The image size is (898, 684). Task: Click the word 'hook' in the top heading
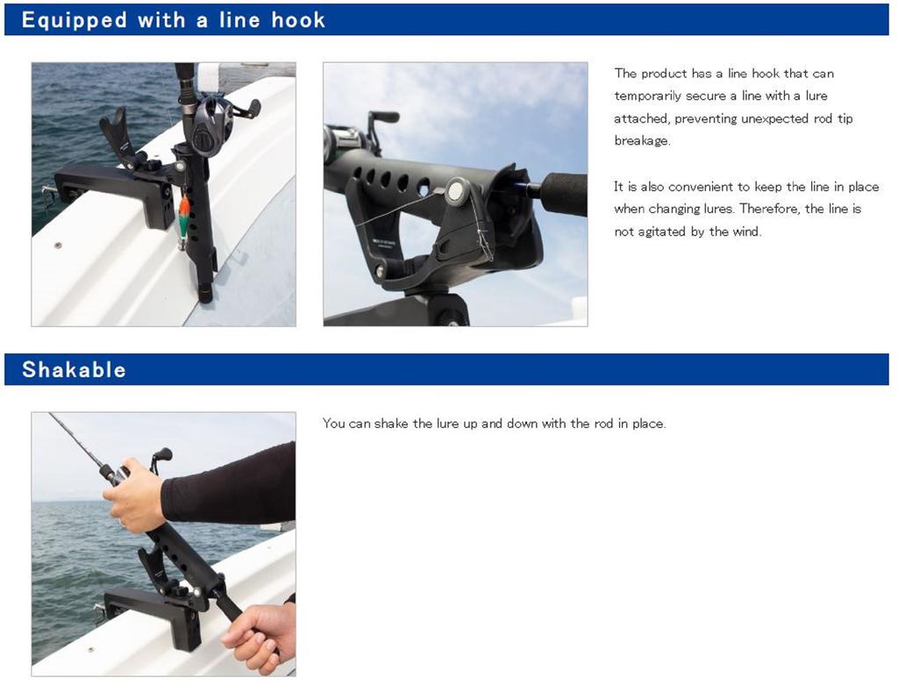pos(298,20)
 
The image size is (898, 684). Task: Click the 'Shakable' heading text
pos(74,369)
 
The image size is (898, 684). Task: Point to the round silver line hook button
pos(457,189)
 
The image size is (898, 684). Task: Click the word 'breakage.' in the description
pos(642,141)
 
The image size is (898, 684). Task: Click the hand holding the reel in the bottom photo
pos(133,494)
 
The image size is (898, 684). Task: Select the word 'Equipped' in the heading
pos(74,20)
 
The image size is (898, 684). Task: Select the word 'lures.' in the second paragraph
pos(719,209)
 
